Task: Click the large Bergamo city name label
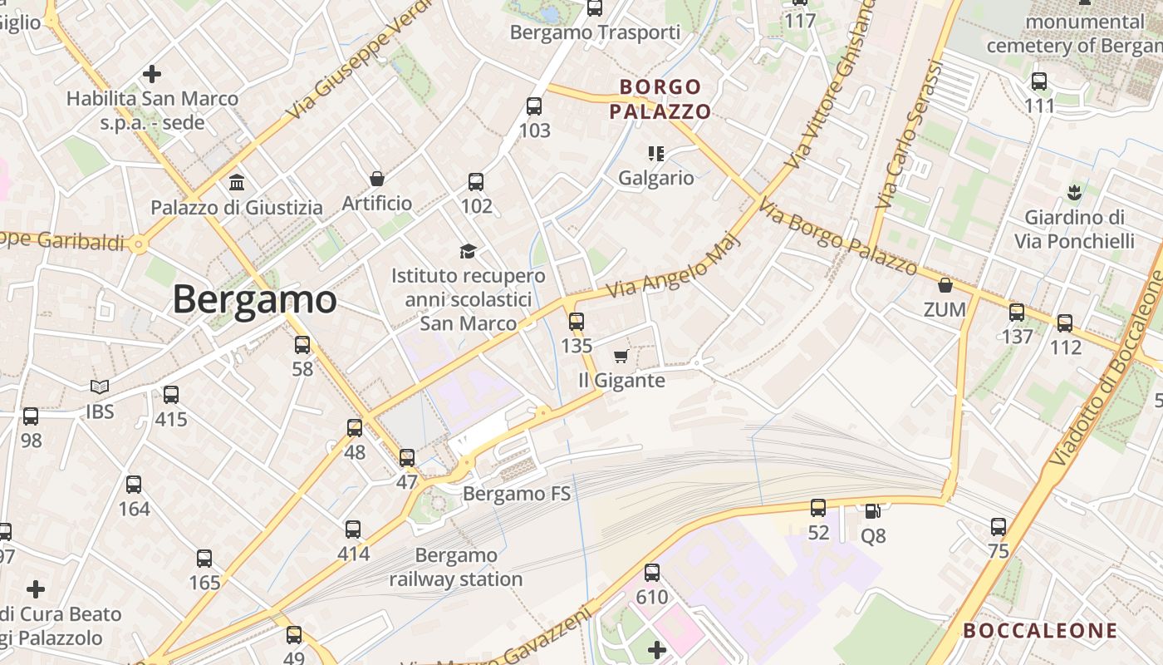click(x=254, y=299)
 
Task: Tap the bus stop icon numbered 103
click(x=534, y=106)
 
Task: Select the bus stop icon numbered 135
click(x=577, y=321)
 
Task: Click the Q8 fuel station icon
click(x=872, y=511)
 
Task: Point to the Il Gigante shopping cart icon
click(x=621, y=357)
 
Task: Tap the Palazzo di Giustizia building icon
click(x=237, y=182)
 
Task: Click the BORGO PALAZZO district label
click(x=660, y=99)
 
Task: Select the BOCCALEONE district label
click(x=1040, y=631)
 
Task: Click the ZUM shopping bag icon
click(x=945, y=286)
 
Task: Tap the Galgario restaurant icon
click(x=656, y=153)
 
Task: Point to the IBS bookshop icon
click(x=100, y=387)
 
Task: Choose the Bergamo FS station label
click(x=517, y=494)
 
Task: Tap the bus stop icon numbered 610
click(x=652, y=572)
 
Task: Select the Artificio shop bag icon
click(x=377, y=179)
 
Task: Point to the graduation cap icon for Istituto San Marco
click(x=469, y=251)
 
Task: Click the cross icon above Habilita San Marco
click(x=151, y=74)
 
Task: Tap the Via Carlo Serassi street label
click(x=910, y=135)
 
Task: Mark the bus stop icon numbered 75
click(x=999, y=526)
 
